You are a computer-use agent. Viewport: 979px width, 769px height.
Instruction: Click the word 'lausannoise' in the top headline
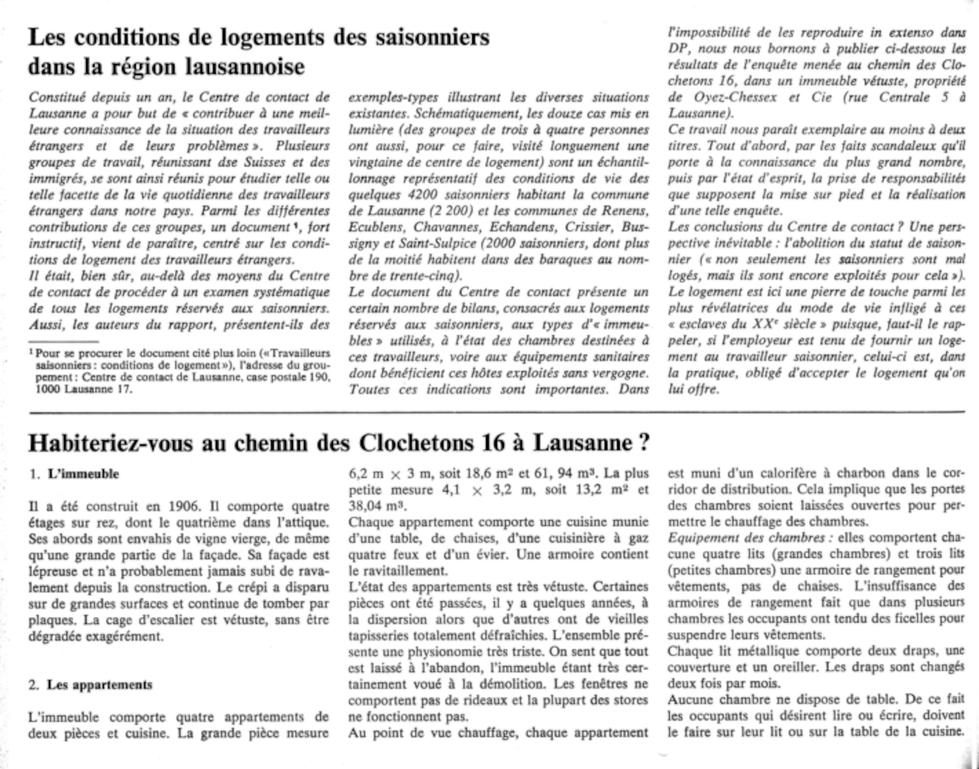tap(245, 67)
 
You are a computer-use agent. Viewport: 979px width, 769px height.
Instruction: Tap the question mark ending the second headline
tap(644, 443)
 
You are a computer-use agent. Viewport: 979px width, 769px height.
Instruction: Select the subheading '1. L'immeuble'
tap(74, 474)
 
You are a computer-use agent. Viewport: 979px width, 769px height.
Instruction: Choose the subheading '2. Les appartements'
tap(91, 685)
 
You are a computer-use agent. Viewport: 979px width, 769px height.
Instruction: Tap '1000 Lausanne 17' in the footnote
tap(83, 389)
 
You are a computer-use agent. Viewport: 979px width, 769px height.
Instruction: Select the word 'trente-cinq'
tap(427, 276)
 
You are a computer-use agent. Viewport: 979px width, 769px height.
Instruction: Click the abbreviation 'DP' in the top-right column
tap(678, 49)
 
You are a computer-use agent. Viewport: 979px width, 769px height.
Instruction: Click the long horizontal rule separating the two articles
tap(497, 412)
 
